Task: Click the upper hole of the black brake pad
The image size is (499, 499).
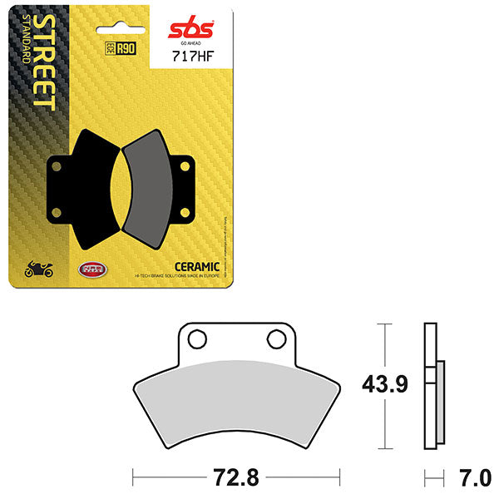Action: coord(57,166)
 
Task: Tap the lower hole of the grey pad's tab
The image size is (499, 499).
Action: coord(185,214)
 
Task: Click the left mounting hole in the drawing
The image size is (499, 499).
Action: coord(197,339)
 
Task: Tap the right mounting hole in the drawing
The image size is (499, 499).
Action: coord(275,339)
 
